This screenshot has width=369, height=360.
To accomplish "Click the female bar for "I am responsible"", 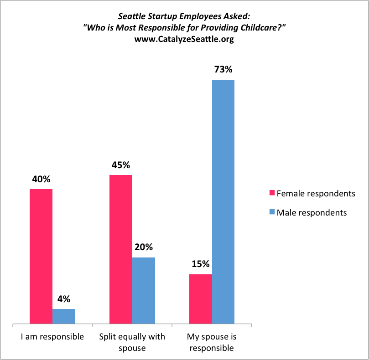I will coord(41,257).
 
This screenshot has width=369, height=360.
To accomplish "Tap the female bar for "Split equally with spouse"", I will coord(121,250).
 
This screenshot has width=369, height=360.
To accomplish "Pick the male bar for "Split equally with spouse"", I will coord(144,291).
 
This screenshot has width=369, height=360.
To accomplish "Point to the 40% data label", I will coord(41,179).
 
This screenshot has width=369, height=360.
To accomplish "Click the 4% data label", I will coord(64,299).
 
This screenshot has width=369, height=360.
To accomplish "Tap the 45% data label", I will coord(121,165).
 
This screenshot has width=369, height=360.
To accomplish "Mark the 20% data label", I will coord(144,247).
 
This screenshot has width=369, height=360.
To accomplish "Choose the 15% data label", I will coord(201,264).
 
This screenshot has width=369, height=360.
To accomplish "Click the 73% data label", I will coord(223,70).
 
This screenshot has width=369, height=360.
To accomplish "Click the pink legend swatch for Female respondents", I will coord(272,193).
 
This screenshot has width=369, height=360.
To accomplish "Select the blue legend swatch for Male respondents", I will coord(272,213).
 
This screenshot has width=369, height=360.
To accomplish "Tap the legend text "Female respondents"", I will coord(316,193).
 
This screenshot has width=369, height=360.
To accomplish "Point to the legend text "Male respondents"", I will coord(312,213).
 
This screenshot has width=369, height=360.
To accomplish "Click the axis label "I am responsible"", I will coord(52,337).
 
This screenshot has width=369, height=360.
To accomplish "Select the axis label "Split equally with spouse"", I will coord(132,343).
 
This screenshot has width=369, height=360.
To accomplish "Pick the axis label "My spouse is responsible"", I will coord(212,343).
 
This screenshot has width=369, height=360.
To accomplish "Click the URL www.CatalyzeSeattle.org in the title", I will coord(184,39).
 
